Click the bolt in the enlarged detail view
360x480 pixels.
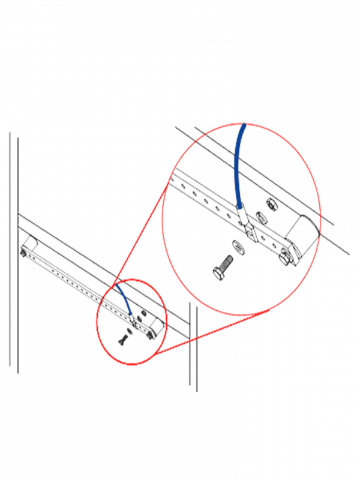[223, 268]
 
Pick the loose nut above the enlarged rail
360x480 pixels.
[270, 205]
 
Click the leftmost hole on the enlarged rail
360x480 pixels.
[175, 179]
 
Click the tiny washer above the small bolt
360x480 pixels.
[128, 333]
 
